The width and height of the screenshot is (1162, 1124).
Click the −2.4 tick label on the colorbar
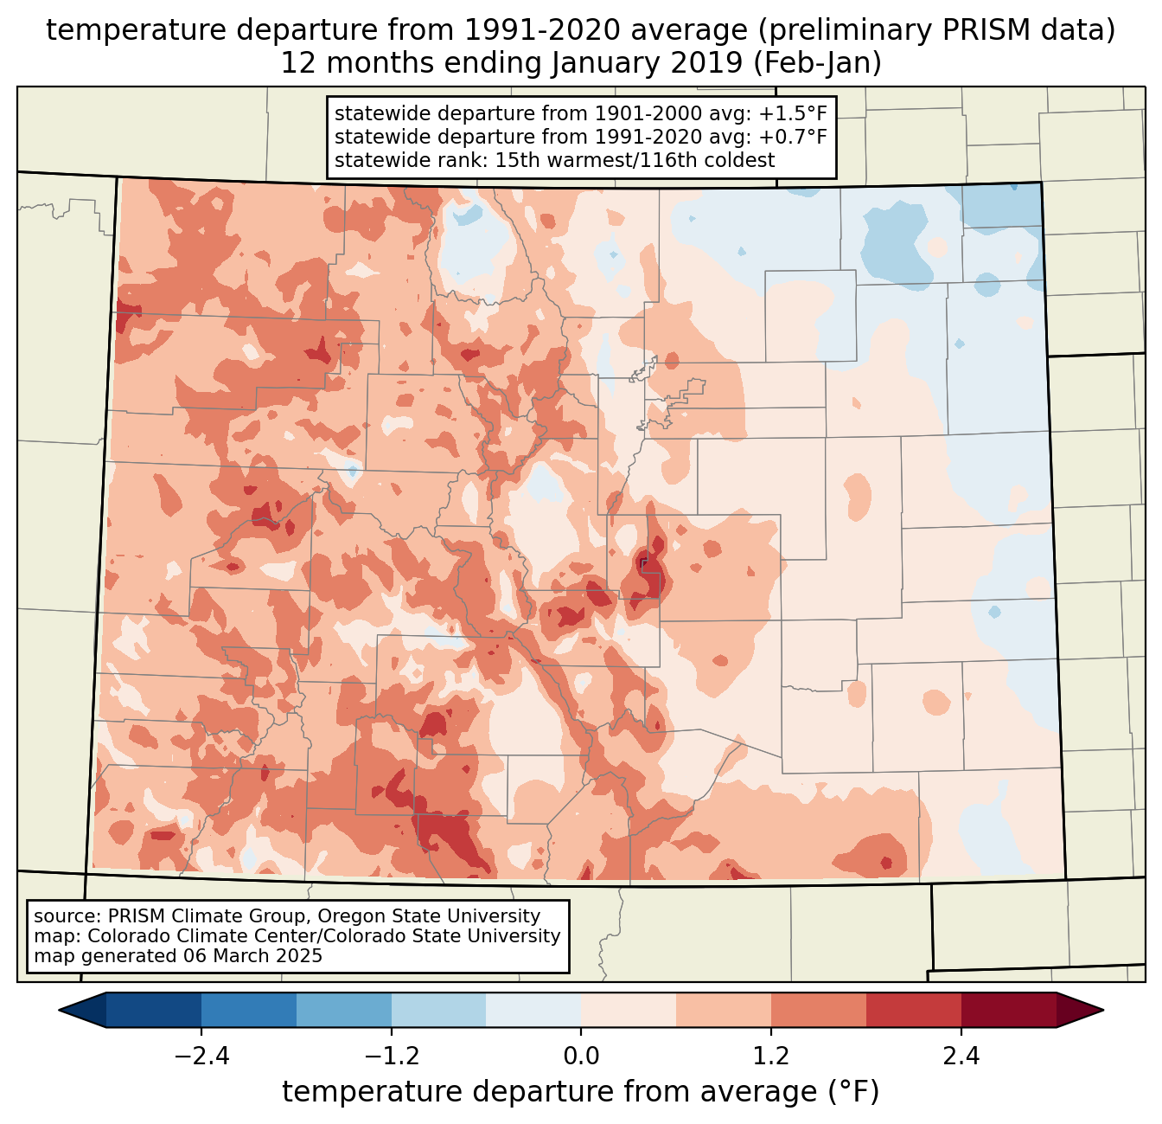point(201,1057)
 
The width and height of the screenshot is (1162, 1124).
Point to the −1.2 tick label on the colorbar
point(391,1057)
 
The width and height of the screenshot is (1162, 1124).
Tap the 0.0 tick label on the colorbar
point(581,1057)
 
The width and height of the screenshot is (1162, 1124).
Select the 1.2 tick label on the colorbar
point(771,1057)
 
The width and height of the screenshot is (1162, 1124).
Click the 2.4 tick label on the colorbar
point(961,1057)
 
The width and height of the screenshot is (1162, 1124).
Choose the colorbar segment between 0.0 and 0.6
point(629,1010)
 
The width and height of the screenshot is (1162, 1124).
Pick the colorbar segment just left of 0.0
point(533,1010)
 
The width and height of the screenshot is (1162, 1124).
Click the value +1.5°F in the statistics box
point(793,114)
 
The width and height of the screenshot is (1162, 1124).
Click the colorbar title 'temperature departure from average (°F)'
point(581,1092)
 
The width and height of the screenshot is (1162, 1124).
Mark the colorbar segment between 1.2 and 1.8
point(819,1010)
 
